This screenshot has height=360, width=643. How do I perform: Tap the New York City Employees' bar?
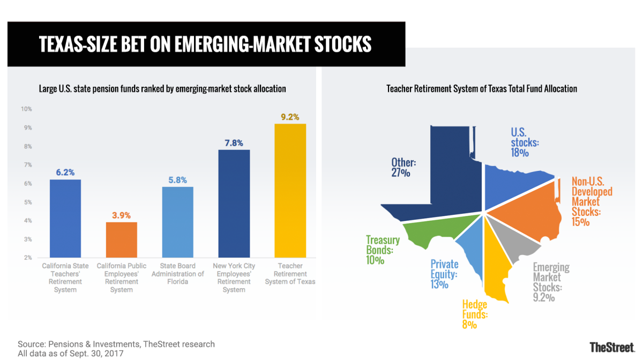(x=234, y=204)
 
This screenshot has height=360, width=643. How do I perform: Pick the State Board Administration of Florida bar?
(x=177, y=222)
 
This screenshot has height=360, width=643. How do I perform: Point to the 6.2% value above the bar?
(x=65, y=172)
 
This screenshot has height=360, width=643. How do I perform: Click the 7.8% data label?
(x=234, y=143)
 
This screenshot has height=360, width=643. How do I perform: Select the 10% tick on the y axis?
(x=26, y=109)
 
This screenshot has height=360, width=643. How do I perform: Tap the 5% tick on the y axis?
(x=26, y=202)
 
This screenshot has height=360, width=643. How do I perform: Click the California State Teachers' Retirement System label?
(x=65, y=277)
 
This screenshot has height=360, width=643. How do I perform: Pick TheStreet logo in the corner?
(x=611, y=347)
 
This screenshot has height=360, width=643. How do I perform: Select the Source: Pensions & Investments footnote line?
(x=116, y=344)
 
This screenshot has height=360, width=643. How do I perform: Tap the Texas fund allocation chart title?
(x=482, y=89)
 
